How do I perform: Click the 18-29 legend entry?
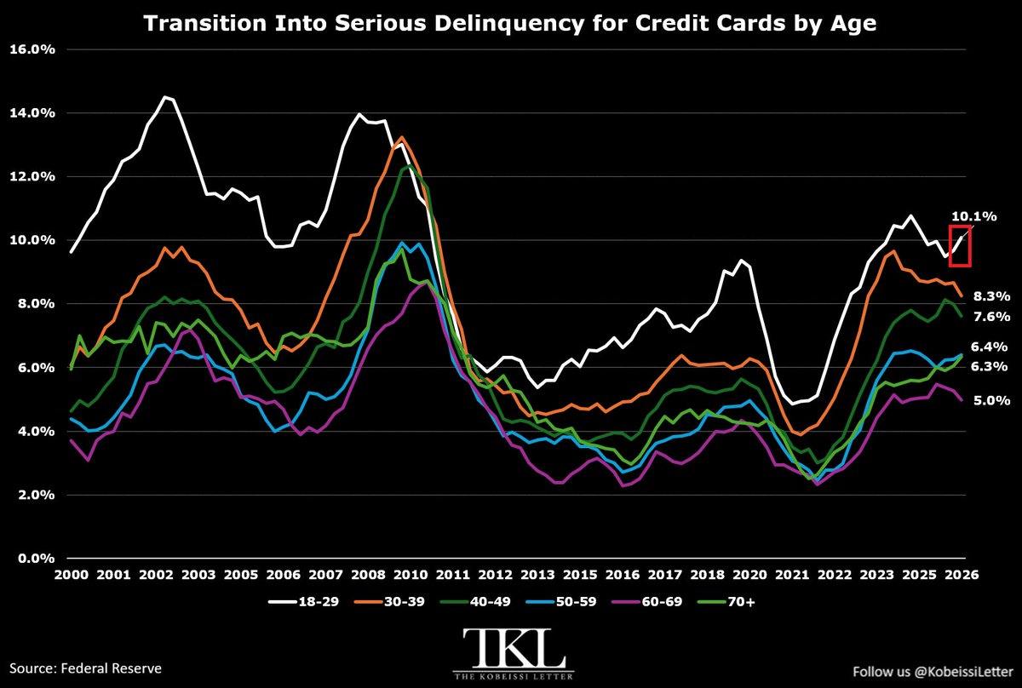303,602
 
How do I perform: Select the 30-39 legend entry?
389,602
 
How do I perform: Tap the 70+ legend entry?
726,602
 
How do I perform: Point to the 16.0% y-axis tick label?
32,49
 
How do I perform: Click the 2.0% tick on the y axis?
35,495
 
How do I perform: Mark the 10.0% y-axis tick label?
32,240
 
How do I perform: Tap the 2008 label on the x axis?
368,575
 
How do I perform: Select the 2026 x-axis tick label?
962,575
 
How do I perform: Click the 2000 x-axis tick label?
72,575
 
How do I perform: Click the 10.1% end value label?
973,216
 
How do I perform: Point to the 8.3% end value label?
991,296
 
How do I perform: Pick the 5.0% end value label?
991,400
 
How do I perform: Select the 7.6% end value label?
991,317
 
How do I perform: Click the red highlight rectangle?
950,245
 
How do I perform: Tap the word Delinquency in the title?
508,24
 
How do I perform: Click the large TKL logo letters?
514,649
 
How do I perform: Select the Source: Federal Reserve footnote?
86,668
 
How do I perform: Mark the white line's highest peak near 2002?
165,97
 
